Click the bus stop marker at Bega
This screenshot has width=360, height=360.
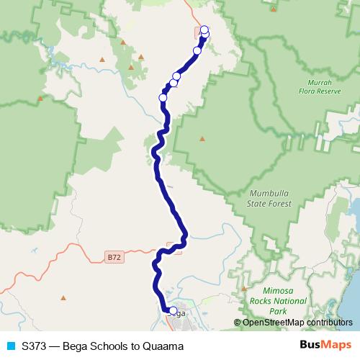173,311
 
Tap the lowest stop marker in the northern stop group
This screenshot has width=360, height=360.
163,98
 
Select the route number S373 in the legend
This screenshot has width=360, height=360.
35,346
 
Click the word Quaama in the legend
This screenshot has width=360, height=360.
164,346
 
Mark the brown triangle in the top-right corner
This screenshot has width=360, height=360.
274,9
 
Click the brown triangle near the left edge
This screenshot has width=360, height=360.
40,99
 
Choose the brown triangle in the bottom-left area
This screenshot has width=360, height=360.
63,297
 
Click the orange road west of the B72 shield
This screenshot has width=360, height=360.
72,248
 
